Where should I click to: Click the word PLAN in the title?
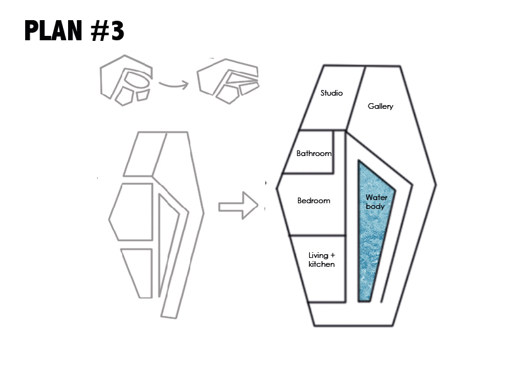point(54,31)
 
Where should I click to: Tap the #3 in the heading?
point(108,31)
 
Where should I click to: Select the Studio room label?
point(331,93)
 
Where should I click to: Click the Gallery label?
point(380,106)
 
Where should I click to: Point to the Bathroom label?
point(314,154)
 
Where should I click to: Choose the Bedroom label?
point(314,201)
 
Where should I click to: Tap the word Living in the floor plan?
point(318,255)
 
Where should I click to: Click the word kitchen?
point(321,264)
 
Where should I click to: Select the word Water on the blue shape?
point(376,198)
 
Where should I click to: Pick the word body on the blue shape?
point(375,206)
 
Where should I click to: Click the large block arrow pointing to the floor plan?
point(238,206)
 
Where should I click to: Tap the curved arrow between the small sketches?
point(173,84)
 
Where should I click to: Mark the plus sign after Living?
point(332,255)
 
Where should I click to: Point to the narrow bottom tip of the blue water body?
point(364,300)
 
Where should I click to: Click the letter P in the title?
point(31,31)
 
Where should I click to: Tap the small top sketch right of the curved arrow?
point(228,81)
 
